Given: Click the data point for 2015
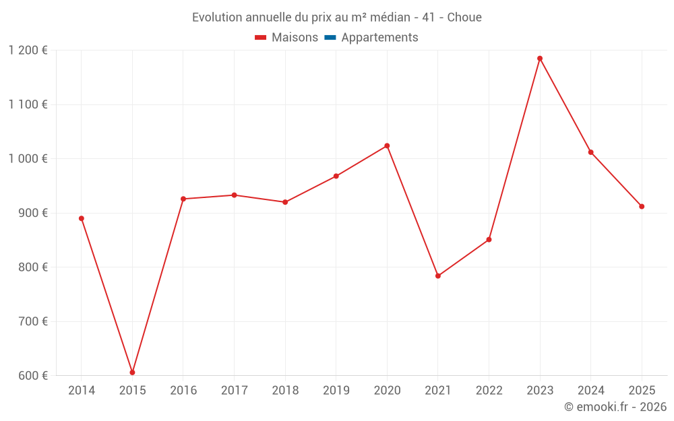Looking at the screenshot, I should point(132,373).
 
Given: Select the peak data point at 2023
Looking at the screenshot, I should point(540,59).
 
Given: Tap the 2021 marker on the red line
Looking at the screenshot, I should point(438,276).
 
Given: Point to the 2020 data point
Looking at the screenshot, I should point(387,145).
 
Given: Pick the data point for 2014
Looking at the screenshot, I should point(82,218).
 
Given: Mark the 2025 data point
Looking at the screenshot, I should point(642,207).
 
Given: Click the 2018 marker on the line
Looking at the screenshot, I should point(285,202).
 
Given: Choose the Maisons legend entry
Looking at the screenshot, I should point(295,38).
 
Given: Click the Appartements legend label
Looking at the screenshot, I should point(379,38).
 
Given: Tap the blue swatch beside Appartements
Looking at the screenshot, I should point(330,38).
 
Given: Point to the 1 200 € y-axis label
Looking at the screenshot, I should point(28,50).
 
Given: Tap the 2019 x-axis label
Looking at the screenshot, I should point(336,391).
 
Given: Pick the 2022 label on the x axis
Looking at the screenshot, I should point(489,391).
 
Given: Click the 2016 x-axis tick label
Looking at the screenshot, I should point(183,391).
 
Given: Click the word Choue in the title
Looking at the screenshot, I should point(464,18).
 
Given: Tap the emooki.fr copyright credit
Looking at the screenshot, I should point(615,407).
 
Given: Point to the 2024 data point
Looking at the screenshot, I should point(591,152).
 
